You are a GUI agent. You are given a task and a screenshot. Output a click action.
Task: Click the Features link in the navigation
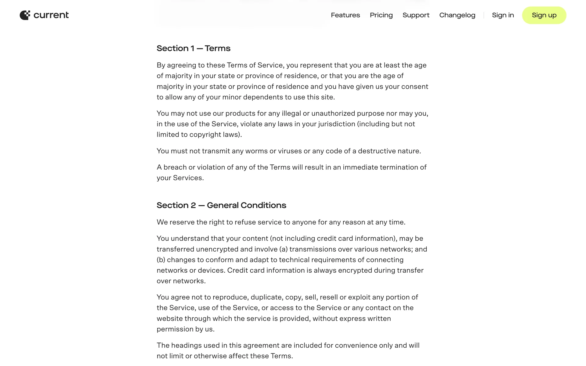point(345,15)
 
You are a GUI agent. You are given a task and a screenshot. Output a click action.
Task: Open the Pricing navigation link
point(381,15)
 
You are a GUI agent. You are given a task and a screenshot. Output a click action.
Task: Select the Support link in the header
point(416,15)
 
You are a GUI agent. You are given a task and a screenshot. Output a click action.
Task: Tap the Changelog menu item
point(457,15)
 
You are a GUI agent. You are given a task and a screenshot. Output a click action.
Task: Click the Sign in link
point(503,15)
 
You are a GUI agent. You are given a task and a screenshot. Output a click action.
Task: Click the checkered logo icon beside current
point(25,15)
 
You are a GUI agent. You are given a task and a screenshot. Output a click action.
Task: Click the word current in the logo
point(51,15)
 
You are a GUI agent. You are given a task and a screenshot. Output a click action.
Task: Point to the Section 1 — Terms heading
point(194,48)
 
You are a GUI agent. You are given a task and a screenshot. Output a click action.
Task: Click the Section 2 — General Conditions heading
point(221,205)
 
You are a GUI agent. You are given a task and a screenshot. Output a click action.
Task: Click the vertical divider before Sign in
point(484,15)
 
